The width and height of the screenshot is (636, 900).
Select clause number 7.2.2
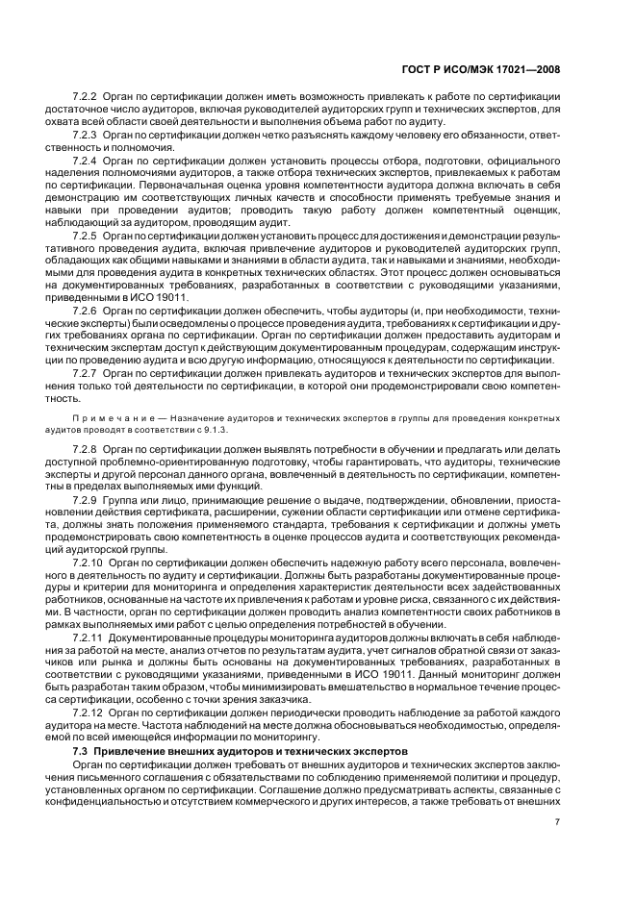pos(88,100)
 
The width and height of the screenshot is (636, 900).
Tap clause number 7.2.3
pos(88,136)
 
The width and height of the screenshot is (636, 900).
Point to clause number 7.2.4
pos(88,160)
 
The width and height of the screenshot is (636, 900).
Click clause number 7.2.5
pos(88,237)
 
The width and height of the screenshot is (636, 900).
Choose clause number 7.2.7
pos(88,372)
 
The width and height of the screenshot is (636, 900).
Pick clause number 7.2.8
pos(88,449)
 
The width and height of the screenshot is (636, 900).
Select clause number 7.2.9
pos(88,500)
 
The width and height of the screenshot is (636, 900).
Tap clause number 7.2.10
pos(89,562)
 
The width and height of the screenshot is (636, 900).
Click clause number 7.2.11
pos(89,638)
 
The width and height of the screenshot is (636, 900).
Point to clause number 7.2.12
pos(89,712)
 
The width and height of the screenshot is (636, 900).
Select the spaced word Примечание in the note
pos(113,418)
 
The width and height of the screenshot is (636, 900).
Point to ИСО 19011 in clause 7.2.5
pos(167,298)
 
